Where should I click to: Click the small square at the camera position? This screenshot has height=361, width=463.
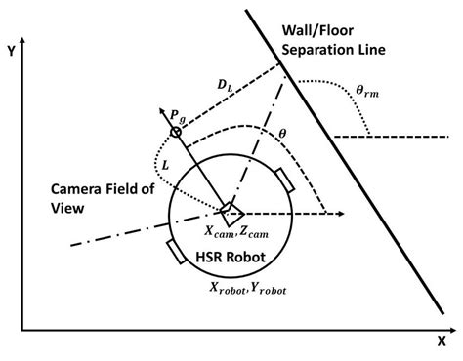[227, 212]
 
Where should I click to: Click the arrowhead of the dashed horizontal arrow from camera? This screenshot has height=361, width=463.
[343, 212]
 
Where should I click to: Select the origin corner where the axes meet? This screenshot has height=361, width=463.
[24, 331]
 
